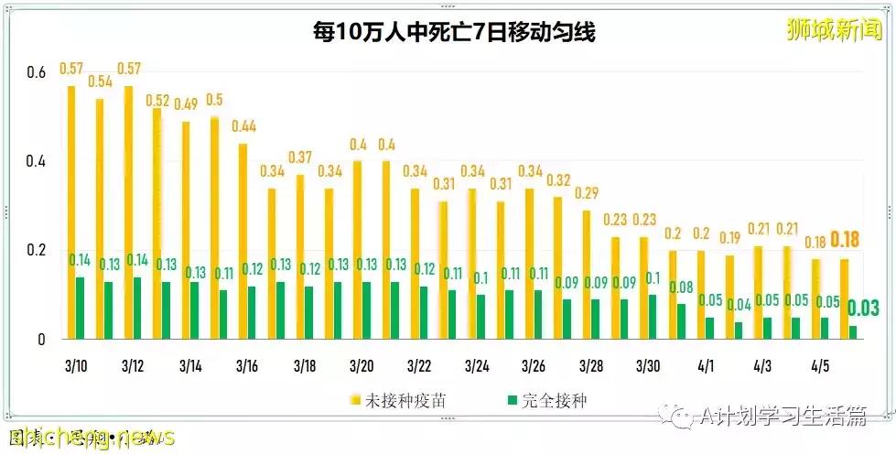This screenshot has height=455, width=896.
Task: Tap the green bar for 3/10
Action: click(x=80, y=308)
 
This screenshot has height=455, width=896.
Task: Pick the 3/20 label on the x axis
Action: click(x=362, y=366)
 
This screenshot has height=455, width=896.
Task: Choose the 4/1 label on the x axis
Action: click(x=706, y=366)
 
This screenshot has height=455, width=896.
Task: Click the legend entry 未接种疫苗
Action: click(x=394, y=400)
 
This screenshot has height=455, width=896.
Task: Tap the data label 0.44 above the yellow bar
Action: click(x=244, y=126)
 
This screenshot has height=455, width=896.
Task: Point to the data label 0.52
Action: click(x=158, y=101)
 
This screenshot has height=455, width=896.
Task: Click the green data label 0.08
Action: click(x=680, y=287)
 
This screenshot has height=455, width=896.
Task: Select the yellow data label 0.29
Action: click(x=588, y=193)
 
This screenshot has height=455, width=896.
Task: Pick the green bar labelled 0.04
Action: click(x=738, y=330)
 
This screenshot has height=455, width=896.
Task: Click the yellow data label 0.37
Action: click(x=301, y=157)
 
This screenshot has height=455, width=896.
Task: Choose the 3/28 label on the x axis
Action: click(x=591, y=366)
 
